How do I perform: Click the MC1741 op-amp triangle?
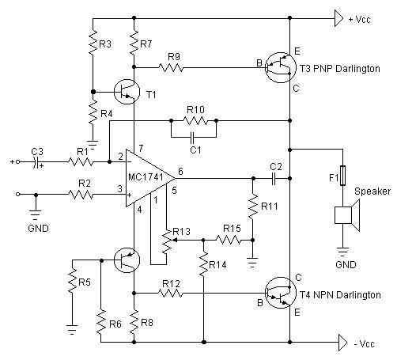click(149, 178)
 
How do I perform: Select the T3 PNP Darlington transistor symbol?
click(280, 67)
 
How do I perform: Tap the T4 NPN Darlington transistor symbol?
click(280, 293)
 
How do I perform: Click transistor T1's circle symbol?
click(127, 92)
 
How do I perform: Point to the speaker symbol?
click(347, 215)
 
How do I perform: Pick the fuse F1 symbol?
click(342, 176)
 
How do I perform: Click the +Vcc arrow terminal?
click(338, 18)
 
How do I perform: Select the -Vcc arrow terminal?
click(342, 343)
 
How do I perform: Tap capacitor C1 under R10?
click(192, 137)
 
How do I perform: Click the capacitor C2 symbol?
click(274, 179)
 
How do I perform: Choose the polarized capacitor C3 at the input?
click(36, 161)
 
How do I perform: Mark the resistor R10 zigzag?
click(195, 121)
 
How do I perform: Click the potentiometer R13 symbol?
click(167, 241)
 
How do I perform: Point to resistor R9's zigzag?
click(171, 67)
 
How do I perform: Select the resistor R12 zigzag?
click(171, 293)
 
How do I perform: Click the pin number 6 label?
click(180, 171)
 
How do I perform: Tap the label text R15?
click(232, 229)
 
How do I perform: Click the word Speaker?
click(372, 191)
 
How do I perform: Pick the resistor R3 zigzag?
click(93, 42)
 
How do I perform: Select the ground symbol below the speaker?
click(342, 252)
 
